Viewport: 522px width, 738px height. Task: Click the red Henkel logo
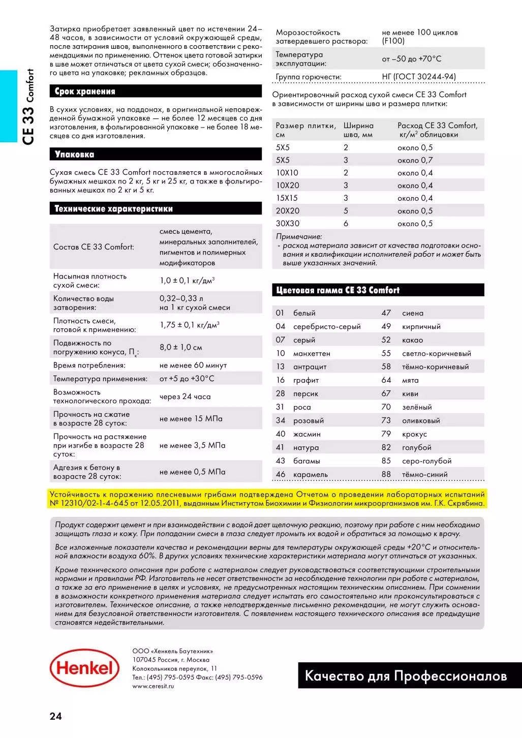[84, 668]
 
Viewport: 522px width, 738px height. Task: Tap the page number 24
[55, 716]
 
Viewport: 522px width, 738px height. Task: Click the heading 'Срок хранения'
[85, 91]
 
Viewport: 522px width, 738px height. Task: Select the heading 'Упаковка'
[74, 155]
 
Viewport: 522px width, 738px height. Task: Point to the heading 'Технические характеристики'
[113, 209]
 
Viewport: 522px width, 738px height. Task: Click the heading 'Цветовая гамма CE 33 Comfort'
[337, 290]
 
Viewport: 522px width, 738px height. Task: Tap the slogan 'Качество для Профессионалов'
[406, 676]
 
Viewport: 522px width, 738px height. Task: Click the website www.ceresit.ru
[153, 686]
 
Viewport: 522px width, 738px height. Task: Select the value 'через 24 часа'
[185, 396]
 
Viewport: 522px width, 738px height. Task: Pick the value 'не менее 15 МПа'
[191, 419]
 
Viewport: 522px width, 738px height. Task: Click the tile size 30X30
[288, 224]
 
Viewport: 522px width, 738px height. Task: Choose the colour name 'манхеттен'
[312, 353]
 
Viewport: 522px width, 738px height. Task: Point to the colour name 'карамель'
[310, 475]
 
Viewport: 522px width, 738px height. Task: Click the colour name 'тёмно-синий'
[424, 475]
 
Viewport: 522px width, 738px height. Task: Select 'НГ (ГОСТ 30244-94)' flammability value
[419, 77]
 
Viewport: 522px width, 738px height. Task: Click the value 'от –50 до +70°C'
[412, 59]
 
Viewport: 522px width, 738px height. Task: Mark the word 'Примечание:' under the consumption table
[299, 236]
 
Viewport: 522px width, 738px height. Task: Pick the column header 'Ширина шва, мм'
[358, 130]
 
